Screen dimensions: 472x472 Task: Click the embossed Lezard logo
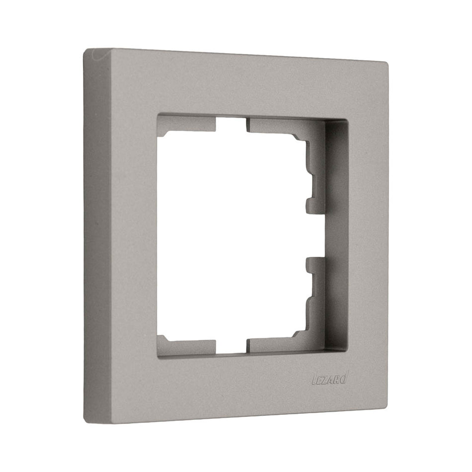coord(329,379)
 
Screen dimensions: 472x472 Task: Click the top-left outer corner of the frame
coord(84,49)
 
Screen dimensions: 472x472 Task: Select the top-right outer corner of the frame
coord(387,63)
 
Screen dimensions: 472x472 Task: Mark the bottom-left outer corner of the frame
coord(85,422)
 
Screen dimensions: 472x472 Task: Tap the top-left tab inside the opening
coord(187,126)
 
